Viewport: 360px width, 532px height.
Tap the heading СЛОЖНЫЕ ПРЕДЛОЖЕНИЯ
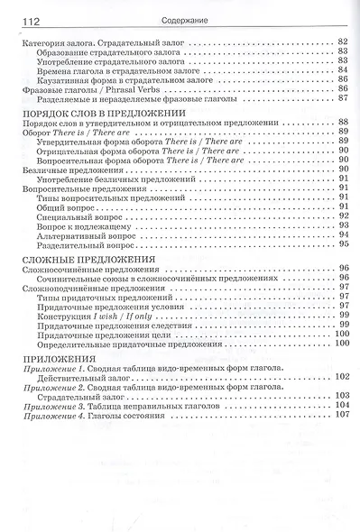pos(85,258)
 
